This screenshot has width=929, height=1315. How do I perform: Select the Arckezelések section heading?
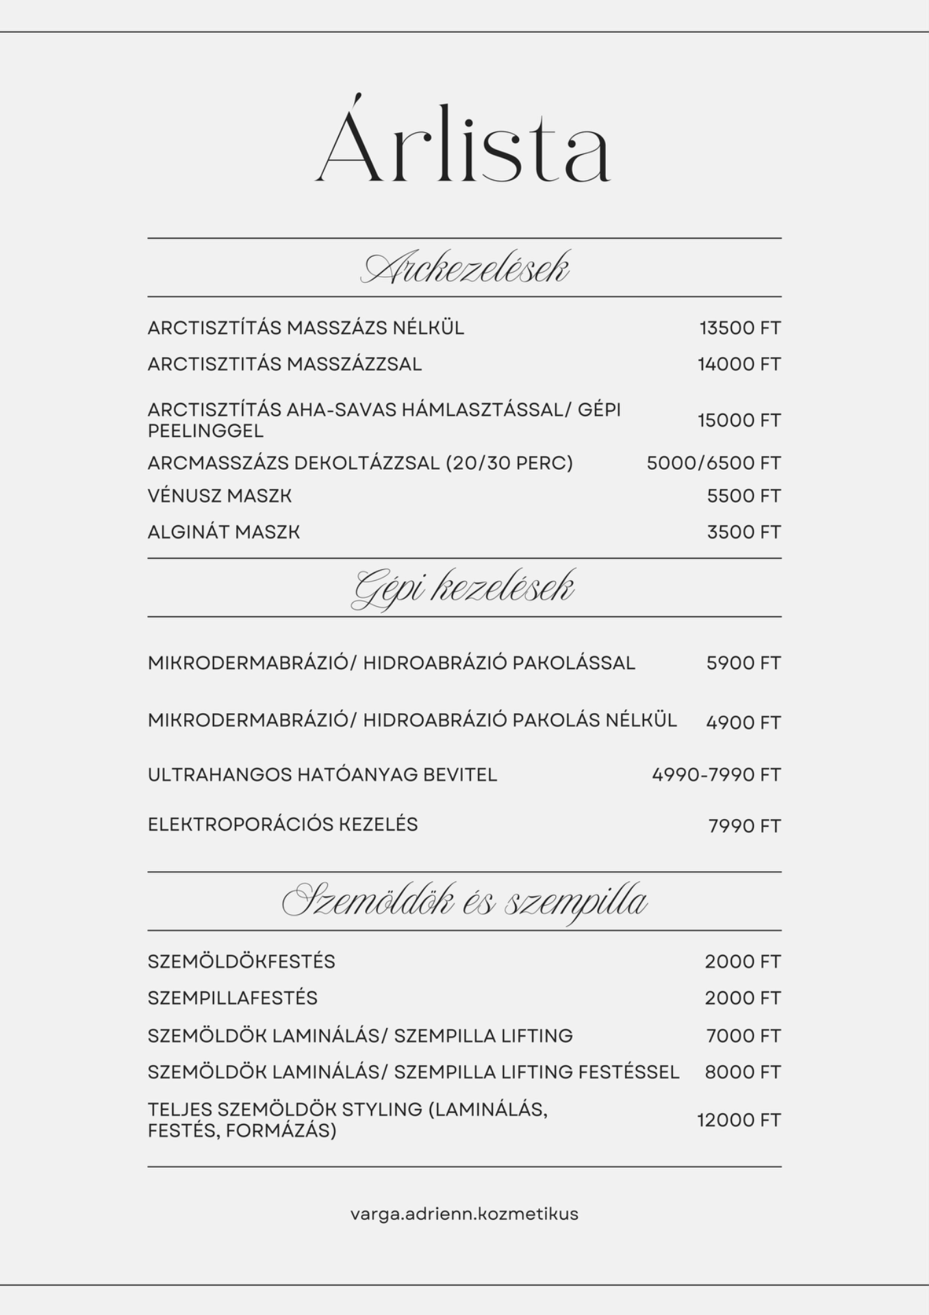click(464, 268)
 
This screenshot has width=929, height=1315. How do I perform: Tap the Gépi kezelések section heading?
click(463, 588)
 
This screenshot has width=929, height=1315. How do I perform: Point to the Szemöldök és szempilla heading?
click(464, 901)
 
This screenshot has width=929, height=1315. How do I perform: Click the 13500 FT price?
click(739, 328)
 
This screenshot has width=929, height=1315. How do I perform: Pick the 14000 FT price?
click(739, 364)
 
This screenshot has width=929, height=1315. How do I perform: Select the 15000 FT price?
click(739, 421)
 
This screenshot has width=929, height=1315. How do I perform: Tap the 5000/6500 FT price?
click(713, 464)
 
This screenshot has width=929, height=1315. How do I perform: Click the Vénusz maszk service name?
click(220, 496)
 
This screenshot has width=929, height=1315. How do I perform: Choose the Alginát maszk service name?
click(224, 532)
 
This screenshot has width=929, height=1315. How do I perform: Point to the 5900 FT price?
click(743, 663)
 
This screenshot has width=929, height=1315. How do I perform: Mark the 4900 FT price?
click(743, 723)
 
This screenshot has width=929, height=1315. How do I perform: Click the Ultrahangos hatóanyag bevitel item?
click(322, 775)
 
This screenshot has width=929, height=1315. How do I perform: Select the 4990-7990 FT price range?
click(716, 775)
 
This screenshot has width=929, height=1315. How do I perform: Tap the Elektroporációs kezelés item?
click(283, 824)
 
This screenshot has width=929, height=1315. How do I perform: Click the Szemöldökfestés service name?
click(242, 962)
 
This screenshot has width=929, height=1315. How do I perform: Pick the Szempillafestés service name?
click(233, 998)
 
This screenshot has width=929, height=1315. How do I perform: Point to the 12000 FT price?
click(739, 1120)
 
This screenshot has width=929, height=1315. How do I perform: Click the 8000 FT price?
click(743, 1072)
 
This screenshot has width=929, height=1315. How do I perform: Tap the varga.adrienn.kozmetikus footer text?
click(464, 1214)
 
